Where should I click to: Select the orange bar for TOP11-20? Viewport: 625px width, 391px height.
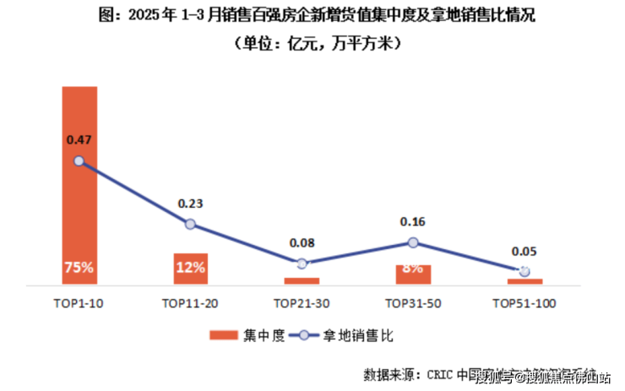click(190, 269)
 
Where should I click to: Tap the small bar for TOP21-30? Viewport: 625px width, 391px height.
click(302, 280)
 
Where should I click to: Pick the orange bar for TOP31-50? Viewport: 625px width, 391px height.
click(413, 274)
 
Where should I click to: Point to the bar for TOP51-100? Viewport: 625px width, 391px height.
click(524, 281)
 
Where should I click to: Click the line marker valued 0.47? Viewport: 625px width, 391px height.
click(79, 160)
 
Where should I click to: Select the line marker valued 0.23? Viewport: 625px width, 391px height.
click(190, 224)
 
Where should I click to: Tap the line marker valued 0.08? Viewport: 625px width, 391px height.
click(302, 263)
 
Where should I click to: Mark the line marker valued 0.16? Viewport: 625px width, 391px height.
click(413, 242)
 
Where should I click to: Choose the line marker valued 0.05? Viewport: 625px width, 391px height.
click(524, 271)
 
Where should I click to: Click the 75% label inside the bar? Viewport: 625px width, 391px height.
click(79, 268)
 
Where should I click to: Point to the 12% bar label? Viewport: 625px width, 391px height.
click(190, 268)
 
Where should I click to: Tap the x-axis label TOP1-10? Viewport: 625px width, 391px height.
click(79, 302)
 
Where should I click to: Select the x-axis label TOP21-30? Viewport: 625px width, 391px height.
click(302, 302)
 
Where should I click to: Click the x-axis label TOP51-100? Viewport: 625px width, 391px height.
click(524, 302)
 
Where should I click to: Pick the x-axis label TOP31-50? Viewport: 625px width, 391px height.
click(413, 302)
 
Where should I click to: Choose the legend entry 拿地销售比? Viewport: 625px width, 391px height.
click(347, 335)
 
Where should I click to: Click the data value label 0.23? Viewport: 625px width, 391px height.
click(190, 203)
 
